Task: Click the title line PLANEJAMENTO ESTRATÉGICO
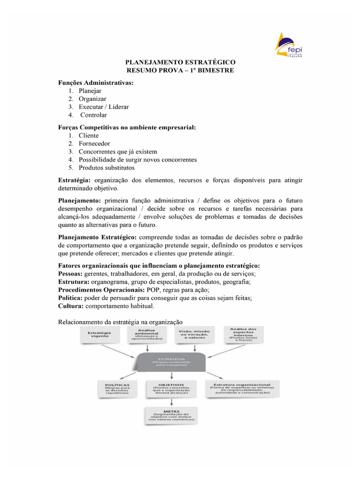point(180,62)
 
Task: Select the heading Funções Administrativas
point(96,82)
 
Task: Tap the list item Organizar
point(92,99)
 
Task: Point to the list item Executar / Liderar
point(104,107)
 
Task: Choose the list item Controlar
point(94,115)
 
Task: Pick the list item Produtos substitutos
point(106,167)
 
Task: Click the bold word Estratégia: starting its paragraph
point(75,180)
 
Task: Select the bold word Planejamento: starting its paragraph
point(79,200)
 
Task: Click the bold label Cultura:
point(70,306)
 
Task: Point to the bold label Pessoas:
point(70,274)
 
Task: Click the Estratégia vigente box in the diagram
point(99,335)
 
